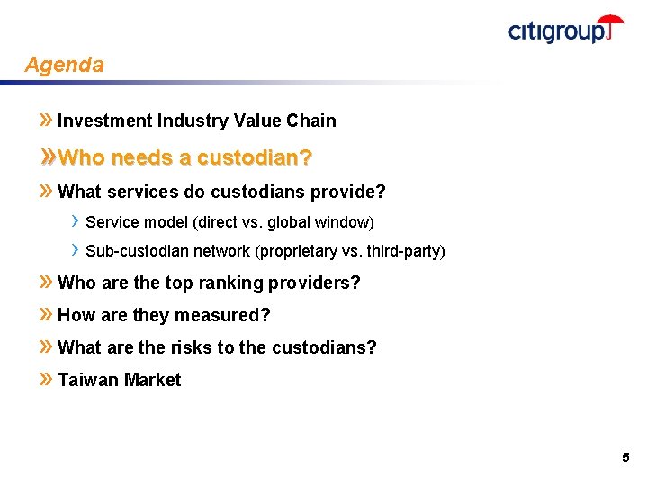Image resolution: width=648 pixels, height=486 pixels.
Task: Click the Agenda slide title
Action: (x=64, y=65)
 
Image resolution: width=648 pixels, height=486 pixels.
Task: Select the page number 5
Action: (x=625, y=458)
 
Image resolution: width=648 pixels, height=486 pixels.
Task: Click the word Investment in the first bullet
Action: (x=105, y=121)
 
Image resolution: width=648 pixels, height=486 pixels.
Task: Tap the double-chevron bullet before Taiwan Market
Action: (x=46, y=380)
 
